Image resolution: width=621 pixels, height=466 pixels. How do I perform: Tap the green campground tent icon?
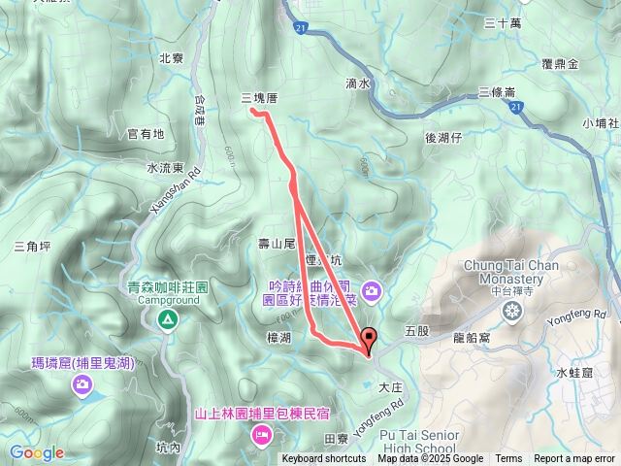click(168, 318)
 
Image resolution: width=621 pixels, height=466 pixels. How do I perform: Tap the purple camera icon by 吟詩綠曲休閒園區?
click(372, 290)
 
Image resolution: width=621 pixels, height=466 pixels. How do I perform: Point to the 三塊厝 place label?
click(259, 98)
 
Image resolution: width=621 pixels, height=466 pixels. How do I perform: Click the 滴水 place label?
click(358, 84)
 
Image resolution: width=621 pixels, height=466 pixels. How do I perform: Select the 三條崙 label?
click(497, 92)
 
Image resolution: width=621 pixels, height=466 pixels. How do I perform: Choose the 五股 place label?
click(417, 330)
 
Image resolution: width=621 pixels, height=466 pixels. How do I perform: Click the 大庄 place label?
click(389, 386)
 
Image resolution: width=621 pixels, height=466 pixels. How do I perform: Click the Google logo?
click(37, 452)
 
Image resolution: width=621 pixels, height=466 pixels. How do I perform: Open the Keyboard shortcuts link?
click(324, 459)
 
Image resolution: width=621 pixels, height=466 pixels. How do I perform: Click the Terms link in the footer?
click(508, 459)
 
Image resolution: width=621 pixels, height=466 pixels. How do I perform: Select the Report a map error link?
click(575, 459)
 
